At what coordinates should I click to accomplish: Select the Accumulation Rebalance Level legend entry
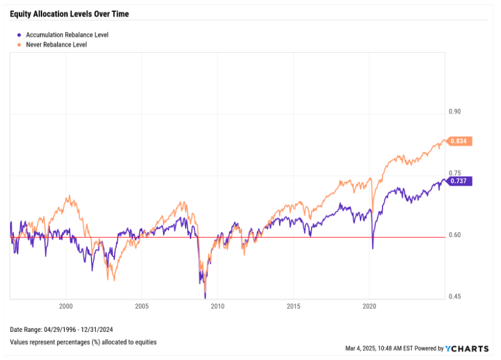[66, 35]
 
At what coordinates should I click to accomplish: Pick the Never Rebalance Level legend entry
[56, 45]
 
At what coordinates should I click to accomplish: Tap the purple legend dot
[19, 35]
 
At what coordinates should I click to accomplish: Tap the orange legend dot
[19, 45]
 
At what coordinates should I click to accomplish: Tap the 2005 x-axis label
[142, 307]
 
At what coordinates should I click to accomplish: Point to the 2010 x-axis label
[218, 307]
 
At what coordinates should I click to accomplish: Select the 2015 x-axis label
[293, 307]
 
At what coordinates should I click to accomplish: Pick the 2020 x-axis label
[369, 307]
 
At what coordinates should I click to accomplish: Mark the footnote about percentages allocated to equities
[83, 342]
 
